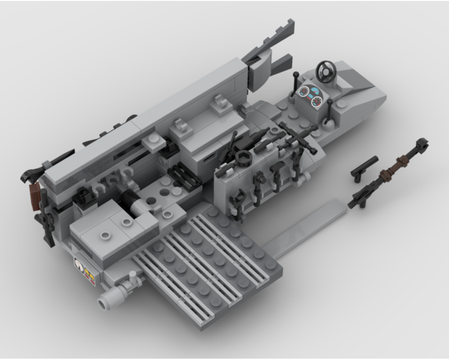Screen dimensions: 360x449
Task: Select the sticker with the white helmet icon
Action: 79,266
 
